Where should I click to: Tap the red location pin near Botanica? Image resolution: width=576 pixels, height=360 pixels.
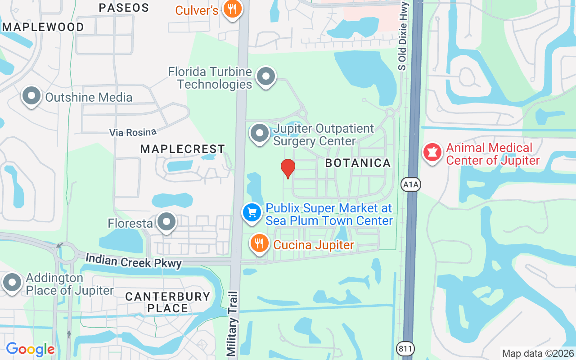click(288, 168)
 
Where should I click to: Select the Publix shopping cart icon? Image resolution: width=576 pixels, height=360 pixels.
click(252, 212)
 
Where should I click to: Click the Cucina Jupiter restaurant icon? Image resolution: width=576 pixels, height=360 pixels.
click(259, 244)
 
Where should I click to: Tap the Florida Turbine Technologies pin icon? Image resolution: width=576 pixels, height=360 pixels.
click(266, 76)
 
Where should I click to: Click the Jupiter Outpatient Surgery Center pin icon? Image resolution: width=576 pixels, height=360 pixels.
click(260, 133)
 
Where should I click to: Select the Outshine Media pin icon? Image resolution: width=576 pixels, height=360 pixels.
click(31, 96)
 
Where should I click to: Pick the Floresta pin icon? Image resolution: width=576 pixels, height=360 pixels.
click(166, 222)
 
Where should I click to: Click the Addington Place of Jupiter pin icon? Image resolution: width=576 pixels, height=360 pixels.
click(12, 283)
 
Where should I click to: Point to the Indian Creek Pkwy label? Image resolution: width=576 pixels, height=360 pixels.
click(133, 261)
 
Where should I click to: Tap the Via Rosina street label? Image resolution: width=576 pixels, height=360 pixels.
click(133, 132)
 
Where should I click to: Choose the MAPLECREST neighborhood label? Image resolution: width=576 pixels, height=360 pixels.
click(182, 149)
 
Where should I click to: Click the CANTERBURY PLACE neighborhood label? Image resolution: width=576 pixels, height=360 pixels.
click(168, 302)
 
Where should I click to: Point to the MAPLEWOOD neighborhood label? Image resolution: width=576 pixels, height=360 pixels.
click(43, 27)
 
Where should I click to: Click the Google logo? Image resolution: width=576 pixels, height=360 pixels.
click(30, 349)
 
